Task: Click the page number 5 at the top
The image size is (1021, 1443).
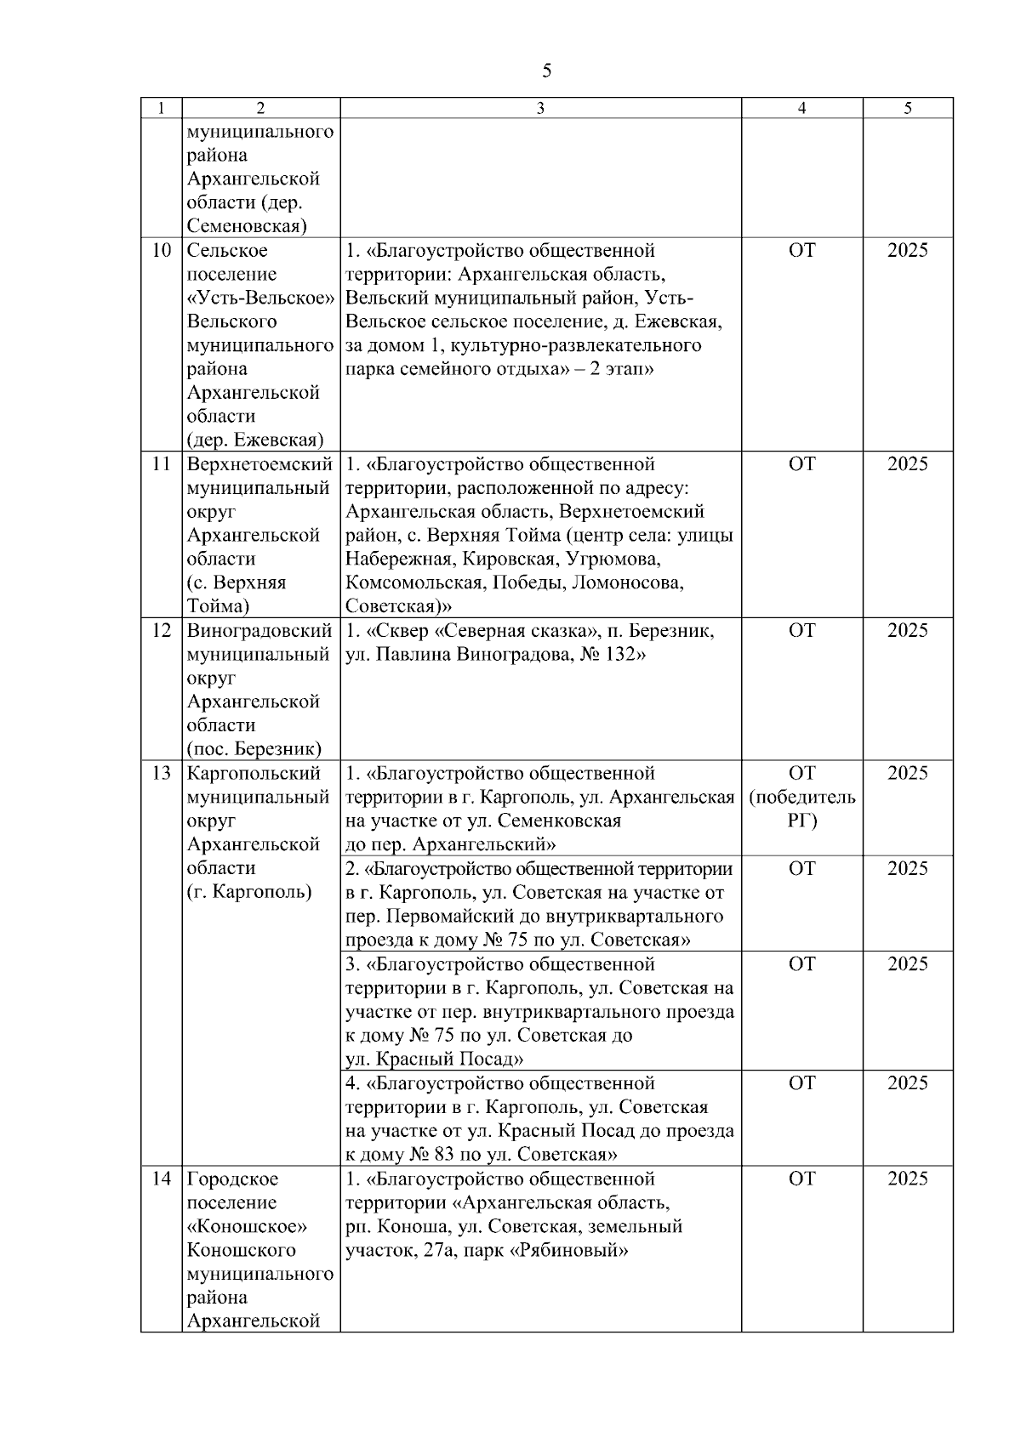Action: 546,71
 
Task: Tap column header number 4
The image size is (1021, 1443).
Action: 801,108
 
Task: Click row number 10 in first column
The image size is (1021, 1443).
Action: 162,251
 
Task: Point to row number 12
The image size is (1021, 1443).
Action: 162,631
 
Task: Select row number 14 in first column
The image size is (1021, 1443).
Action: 162,1179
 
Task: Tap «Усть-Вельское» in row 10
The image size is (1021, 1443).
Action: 260,298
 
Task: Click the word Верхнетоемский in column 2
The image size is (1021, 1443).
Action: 260,465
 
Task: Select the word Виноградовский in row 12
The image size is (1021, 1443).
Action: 260,631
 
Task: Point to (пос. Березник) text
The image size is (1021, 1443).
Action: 254,749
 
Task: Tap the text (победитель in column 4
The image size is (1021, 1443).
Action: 801,798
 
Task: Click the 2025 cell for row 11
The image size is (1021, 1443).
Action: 908,465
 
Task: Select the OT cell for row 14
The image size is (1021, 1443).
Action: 801,1179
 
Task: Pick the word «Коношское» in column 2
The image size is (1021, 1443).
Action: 247,1227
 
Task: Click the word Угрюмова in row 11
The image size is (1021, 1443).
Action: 613,560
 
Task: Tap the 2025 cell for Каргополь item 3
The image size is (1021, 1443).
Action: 908,964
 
